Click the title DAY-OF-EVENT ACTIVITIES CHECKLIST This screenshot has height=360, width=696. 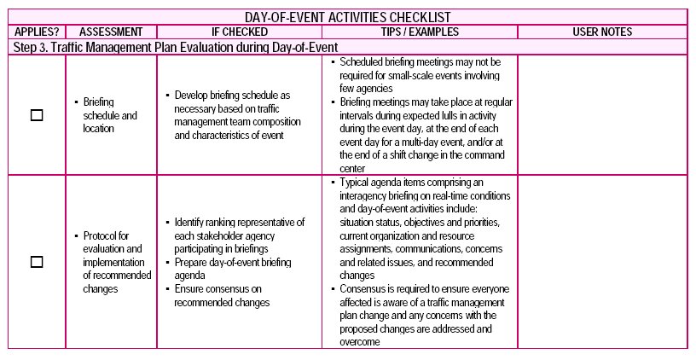pyautogui.click(x=347, y=16)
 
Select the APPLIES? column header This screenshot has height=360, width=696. pyautogui.click(x=37, y=32)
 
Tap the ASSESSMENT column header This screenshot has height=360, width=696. pyautogui.click(x=110, y=32)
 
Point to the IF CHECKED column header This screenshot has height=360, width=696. pyautogui.click(x=239, y=32)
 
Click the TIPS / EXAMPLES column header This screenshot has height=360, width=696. pyautogui.click(x=419, y=32)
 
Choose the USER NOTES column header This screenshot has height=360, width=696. pyautogui.click(x=601, y=32)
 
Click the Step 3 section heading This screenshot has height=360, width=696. pyautogui.click(x=176, y=47)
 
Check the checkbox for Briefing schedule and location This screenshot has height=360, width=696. pyautogui.click(x=37, y=115)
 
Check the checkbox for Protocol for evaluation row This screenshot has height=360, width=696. pyautogui.click(x=37, y=262)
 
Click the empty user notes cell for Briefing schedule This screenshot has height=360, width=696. pyautogui.click(x=601, y=115)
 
